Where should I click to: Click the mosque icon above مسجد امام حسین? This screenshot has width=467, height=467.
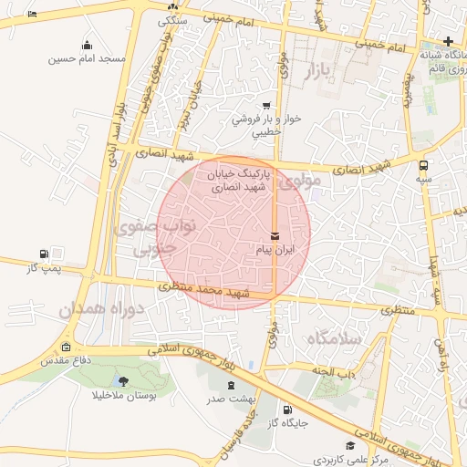[88, 45]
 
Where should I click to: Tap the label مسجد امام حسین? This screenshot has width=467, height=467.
[88, 59]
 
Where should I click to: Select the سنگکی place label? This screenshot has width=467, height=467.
[172, 20]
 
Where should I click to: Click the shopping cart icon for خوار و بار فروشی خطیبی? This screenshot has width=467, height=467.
[266, 106]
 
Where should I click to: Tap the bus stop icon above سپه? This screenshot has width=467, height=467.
[423, 165]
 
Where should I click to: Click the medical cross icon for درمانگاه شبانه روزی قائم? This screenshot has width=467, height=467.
[448, 41]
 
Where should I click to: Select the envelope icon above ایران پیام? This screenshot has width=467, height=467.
[275, 237]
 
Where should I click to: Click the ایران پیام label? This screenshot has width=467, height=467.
[275, 249]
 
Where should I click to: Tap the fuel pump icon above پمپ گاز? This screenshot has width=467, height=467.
[45, 254]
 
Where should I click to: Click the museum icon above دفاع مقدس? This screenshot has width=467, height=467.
[66, 348]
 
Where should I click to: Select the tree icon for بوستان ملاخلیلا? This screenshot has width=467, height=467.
[124, 379]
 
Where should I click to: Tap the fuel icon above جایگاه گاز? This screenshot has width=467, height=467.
[288, 410]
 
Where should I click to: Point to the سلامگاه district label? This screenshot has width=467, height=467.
[335, 339]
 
